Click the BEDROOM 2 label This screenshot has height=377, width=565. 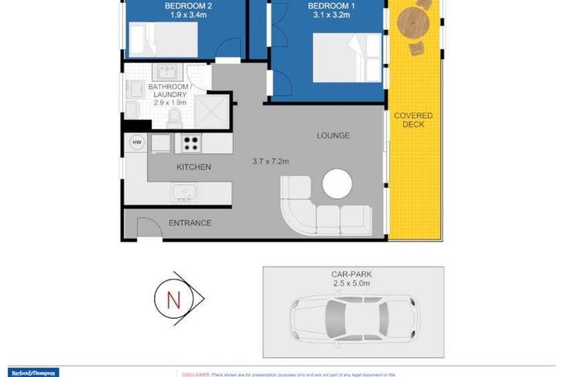pyautogui.click(x=184, y=5)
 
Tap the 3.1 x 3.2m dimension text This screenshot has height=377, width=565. pyautogui.click(x=327, y=15)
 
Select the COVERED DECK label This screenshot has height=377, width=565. pyautogui.click(x=413, y=120)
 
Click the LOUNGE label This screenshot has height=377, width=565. pyautogui.click(x=333, y=135)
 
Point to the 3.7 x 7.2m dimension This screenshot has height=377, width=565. pyautogui.click(x=271, y=161)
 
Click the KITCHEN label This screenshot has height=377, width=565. pyautogui.click(x=193, y=167)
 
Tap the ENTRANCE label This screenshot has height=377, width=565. pyautogui.click(x=190, y=223)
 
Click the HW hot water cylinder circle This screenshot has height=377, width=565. pyautogui.click(x=137, y=142)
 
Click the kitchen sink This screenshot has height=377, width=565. pyautogui.click(x=183, y=191)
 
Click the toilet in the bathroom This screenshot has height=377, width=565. pyautogui.click(x=175, y=117)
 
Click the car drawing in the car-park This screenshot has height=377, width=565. pyautogui.click(x=353, y=317)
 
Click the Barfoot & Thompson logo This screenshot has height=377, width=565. pyautogui.click(x=33, y=373)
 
